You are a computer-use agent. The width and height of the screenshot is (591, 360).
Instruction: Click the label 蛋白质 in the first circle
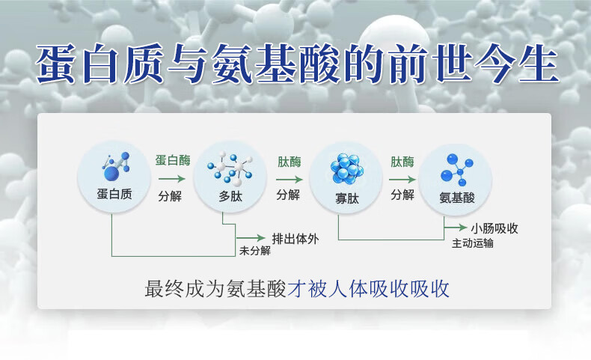[114, 195]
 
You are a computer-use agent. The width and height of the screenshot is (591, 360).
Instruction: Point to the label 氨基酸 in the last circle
[457, 198]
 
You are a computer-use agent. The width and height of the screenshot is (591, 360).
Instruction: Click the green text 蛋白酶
[172, 161]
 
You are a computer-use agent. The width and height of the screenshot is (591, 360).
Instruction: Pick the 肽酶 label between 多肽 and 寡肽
[288, 161]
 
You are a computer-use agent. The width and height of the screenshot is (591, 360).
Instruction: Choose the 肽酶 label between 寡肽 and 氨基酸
[402, 161]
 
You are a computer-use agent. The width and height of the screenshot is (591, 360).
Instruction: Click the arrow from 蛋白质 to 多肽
[171, 179]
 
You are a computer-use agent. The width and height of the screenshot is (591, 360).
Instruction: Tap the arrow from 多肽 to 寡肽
[289, 179]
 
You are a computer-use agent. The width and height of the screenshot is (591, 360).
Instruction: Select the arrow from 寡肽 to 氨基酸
[402, 179]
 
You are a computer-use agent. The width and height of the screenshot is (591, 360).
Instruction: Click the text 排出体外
[295, 239]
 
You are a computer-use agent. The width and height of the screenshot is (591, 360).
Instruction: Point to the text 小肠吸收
[494, 228]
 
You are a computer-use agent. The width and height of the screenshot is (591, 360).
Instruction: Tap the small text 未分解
[255, 251]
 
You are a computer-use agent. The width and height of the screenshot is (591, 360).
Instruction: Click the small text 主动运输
[473, 243]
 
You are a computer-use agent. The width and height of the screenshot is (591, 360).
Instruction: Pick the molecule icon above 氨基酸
[456, 170]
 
